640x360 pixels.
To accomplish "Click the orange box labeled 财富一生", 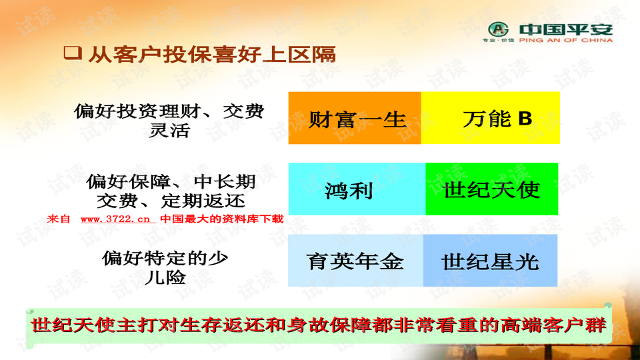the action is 355,118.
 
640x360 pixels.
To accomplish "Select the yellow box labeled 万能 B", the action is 490,118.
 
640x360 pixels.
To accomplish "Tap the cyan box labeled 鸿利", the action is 357,189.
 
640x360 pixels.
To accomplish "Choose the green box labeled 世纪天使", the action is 492,189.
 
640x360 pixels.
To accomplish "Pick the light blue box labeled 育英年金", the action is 355,261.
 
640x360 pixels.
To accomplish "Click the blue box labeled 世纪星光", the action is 490,261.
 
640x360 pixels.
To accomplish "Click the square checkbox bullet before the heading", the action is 73,53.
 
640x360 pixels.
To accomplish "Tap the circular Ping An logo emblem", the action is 499,29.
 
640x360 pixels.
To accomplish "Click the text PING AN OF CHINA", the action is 566,40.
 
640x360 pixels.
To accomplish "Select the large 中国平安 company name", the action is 566,29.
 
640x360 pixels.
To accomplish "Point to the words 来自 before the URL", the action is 59,219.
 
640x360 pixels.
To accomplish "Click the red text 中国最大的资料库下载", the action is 221,219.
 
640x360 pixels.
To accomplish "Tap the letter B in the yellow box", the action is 525,119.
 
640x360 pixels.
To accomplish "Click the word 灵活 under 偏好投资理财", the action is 169,131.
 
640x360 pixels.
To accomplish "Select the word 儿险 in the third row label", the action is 165,277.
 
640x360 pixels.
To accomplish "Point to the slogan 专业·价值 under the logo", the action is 499,41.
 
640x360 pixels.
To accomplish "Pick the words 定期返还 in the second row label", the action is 204,201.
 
